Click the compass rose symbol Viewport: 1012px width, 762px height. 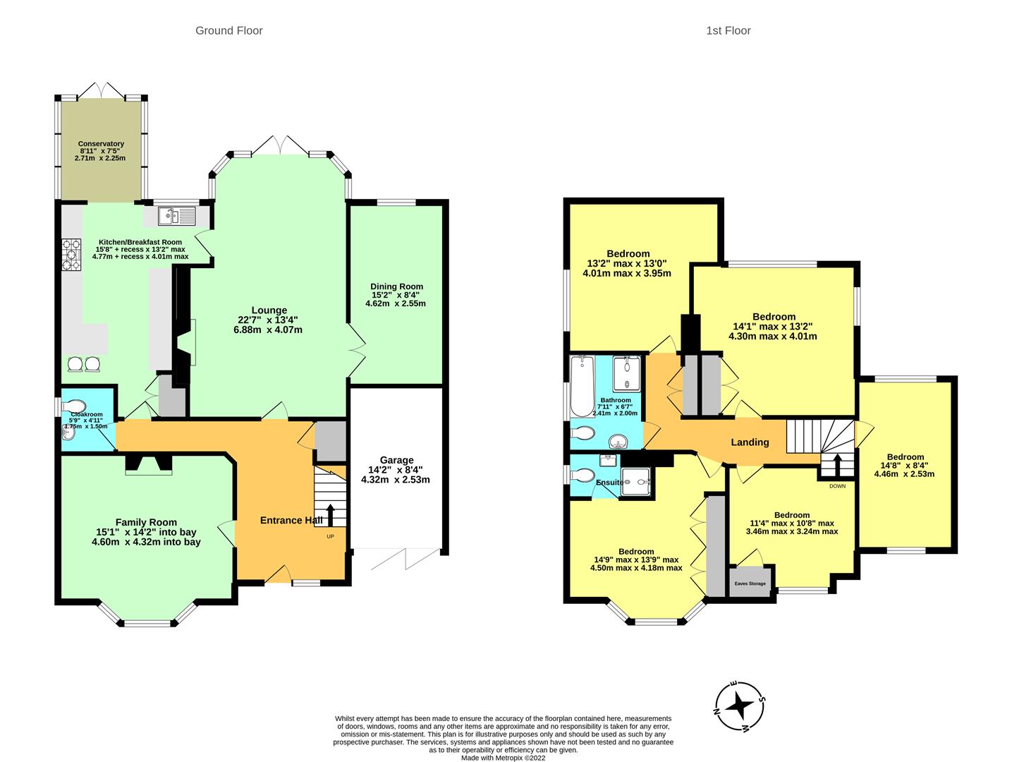[740, 705]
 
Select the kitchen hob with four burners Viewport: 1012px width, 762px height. [72, 254]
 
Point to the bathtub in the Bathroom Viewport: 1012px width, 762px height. [583, 387]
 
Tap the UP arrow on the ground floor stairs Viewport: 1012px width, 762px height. [330, 514]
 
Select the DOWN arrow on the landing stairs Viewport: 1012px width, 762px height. [837, 466]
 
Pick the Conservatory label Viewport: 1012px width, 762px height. [101, 144]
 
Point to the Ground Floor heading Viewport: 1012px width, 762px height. [229, 30]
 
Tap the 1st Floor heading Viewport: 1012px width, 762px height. [728, 30]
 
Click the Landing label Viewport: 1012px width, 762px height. [749, 442]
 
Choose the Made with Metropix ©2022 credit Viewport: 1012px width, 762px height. [504, 758]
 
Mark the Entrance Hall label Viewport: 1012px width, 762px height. [291, 521]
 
